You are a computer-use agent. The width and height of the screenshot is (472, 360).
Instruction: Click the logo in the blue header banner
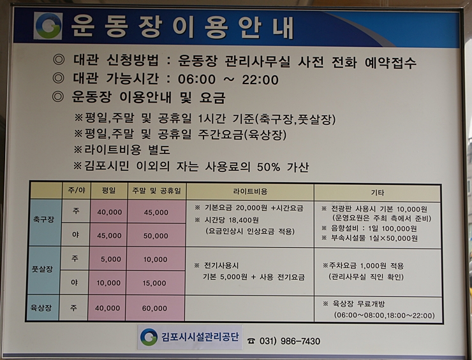[x=48, y=26]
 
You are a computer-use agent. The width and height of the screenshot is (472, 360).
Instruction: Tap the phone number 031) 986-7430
[x=290, y=341]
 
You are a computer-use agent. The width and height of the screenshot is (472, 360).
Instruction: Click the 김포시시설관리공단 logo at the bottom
[x=149, y=337]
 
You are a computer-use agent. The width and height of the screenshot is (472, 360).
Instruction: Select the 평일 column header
[x=109, y=191]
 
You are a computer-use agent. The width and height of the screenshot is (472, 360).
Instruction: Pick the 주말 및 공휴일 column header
[x=156, y=191]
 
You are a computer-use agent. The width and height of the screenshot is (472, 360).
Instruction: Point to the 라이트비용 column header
[x=250, y=191]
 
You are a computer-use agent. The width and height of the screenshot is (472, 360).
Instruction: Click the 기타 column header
[x=378, y=192]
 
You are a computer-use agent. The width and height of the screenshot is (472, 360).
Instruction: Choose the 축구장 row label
[x=43, y=219]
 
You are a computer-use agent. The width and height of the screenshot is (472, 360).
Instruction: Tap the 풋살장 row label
[x=43, y=269]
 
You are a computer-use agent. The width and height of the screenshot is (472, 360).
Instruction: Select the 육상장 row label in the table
[x=41, y=308]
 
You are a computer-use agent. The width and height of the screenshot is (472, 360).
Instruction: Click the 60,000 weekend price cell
[x=155, y=308]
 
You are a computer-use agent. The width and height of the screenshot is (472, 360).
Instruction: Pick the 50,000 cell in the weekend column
[x=156, y=236]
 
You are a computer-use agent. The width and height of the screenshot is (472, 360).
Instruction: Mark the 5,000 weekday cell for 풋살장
[x=111, y=259]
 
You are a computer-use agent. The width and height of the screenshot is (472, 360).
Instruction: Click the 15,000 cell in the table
[x=154, y=283]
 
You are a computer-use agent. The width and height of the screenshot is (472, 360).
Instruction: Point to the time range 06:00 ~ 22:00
[x=228, y=80]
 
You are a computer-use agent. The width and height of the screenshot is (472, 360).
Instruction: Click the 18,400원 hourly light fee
[x=244, y=220]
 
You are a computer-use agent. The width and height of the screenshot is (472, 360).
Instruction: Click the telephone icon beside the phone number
[x=251, y=341]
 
